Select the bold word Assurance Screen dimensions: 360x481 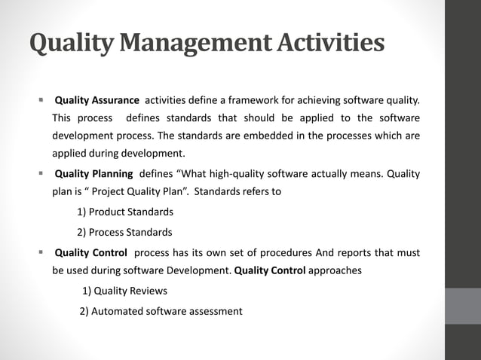point(115,100)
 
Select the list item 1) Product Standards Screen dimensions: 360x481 point(125,212)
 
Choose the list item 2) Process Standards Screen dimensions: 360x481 point(124,232)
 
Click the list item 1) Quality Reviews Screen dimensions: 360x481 point(124,290)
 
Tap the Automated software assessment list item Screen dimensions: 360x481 point(161,310)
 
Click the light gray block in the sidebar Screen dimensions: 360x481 point(463,305)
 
